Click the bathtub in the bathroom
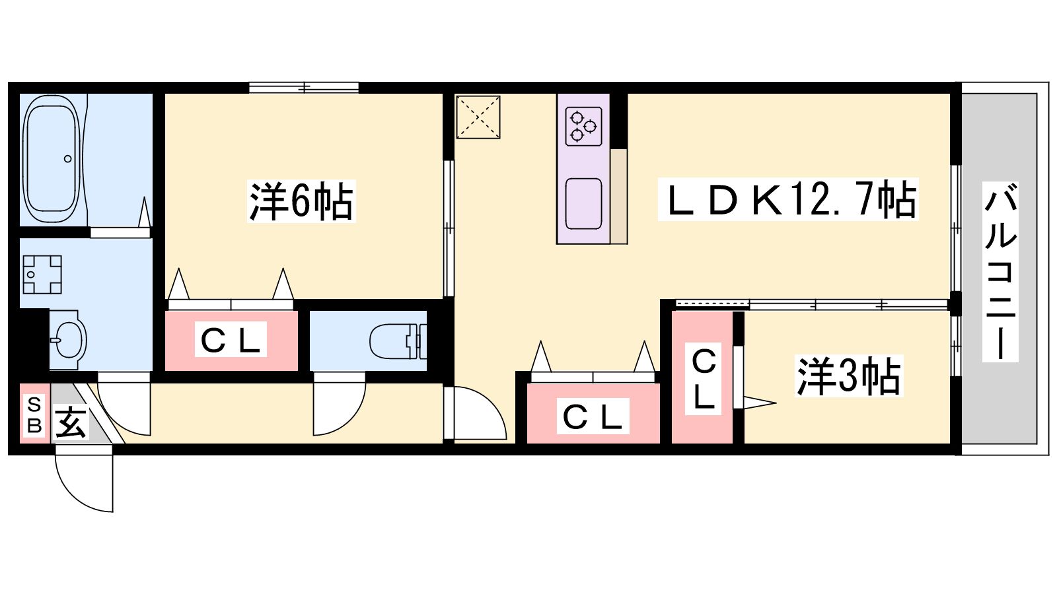pos(52,160)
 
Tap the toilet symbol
pos(398,341)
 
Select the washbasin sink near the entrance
pos(69,339)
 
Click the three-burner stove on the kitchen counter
pos(584,126)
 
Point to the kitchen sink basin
pos(584,204)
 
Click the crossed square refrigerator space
pos(478,117)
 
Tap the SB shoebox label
pos(34,414)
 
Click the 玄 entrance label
pos(71,422)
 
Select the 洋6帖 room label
pos(301,201)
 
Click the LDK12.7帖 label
pos(788,199)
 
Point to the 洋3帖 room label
pos(848,376)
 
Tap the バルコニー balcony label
pos(1000,271)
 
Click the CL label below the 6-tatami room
pos(231,339)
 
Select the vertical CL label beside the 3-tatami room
pos(703,379)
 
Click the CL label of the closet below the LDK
pos(593,416)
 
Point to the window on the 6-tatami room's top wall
pos(304,88)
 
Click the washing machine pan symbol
pos(42,275)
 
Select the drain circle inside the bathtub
pos(68,159)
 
